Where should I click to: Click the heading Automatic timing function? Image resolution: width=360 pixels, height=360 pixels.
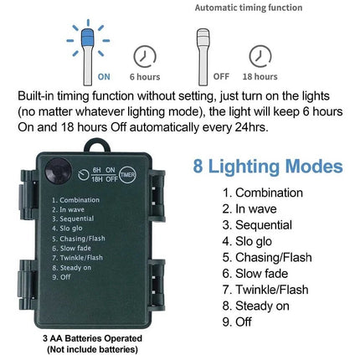tap(249, 8)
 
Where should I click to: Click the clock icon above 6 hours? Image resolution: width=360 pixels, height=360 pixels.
tap(145, 57)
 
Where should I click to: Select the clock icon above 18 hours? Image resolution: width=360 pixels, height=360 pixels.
tap(260, 57)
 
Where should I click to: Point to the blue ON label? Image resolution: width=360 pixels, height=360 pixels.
tap(104, 77)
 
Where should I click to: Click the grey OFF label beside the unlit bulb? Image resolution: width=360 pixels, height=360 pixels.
tap(221, 76)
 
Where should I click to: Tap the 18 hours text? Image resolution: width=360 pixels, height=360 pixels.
tap(260, 76)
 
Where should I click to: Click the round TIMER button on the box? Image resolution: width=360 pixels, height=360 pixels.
tap(127, 175)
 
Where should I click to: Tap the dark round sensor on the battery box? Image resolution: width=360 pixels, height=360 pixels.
tap(58, 171)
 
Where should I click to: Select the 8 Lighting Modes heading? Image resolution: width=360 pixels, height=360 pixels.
tap(268, 166)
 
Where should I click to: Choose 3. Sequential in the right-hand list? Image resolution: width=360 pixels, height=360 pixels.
tap(257, 225)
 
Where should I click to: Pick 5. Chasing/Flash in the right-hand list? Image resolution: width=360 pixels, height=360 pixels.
tap(267, 257)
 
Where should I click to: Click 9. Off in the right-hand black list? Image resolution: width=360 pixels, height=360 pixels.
tap(237, 321)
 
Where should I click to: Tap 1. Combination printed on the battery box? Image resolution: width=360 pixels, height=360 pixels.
tap(75, 200)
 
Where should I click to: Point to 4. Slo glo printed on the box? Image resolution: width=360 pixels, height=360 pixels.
tap(67, 229)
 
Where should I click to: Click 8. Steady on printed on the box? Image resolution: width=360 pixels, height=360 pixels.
tap(72, 268)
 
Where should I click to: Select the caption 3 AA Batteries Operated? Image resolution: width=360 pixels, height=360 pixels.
tap(92, 338)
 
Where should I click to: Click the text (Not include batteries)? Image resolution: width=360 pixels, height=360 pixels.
tap(92, 349)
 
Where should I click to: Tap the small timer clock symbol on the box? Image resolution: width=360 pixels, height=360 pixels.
tap(84, 175)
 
